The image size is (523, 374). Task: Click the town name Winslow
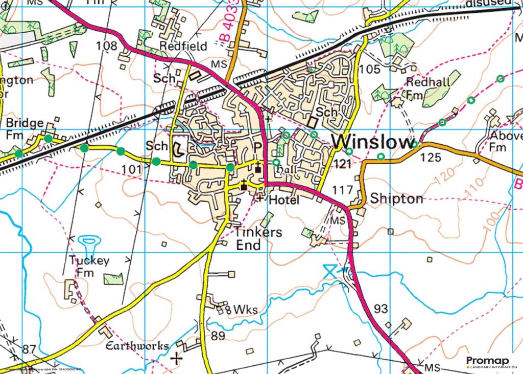click(x=371, y=142)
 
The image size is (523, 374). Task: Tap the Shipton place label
click(x=397, y=199)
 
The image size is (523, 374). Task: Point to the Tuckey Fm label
click(x=89, y=267)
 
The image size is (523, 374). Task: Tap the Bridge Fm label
click(x=24, y=129)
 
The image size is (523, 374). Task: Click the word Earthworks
click(x=136, y=346)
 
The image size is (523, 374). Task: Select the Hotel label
click(x=284, y=200)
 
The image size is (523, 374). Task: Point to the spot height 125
click(x=430, y=158)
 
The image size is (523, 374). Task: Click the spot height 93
click(x=381, y=309)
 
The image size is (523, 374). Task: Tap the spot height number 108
click(x=106, y=46)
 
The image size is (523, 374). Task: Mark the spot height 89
click(x=218, y=336)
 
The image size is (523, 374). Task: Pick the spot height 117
click(x=342, y=190)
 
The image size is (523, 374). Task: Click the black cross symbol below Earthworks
click(x=177, y=358)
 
